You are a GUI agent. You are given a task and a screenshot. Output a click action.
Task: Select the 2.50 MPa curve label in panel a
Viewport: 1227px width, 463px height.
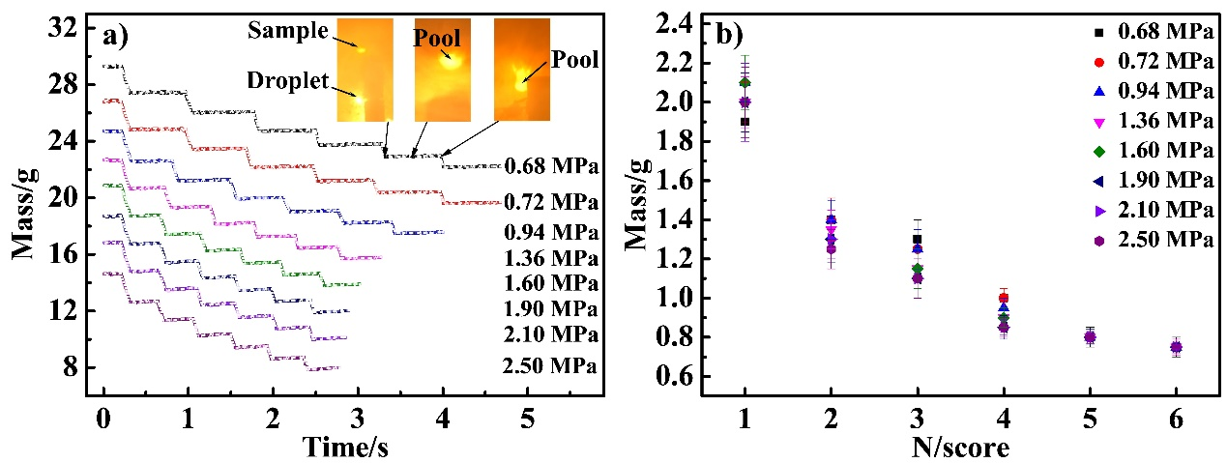[x=549, y=366]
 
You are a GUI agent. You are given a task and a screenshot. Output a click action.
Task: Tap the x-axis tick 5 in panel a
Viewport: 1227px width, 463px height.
[x=528, y=420]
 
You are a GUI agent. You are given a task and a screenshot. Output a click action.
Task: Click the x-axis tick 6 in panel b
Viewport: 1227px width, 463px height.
[x=1176, y=420]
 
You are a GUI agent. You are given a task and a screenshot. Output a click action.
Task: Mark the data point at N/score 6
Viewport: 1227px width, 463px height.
[x=1176, y=348]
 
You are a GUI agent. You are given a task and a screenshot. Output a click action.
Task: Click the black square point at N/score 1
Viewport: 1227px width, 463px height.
[x=745, y=122]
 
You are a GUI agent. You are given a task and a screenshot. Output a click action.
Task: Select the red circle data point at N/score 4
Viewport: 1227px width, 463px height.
[x=1004, y=298]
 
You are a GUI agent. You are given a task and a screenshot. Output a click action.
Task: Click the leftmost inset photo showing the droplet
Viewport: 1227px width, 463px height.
[x=365, y=70]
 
